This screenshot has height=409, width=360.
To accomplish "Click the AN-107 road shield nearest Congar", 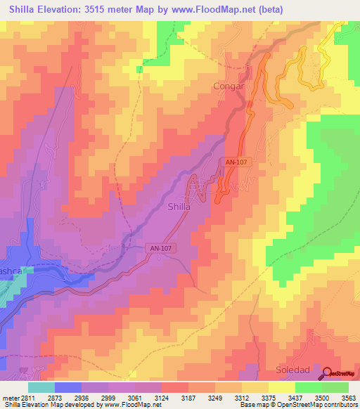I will coord(237,162).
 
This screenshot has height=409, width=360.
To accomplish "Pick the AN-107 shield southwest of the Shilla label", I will coord(160,248).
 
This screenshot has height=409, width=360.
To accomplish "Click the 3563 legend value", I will coord(349,398).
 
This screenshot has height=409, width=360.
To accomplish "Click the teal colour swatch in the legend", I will coord(41,387).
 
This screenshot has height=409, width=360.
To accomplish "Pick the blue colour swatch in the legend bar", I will coord(68,387).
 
